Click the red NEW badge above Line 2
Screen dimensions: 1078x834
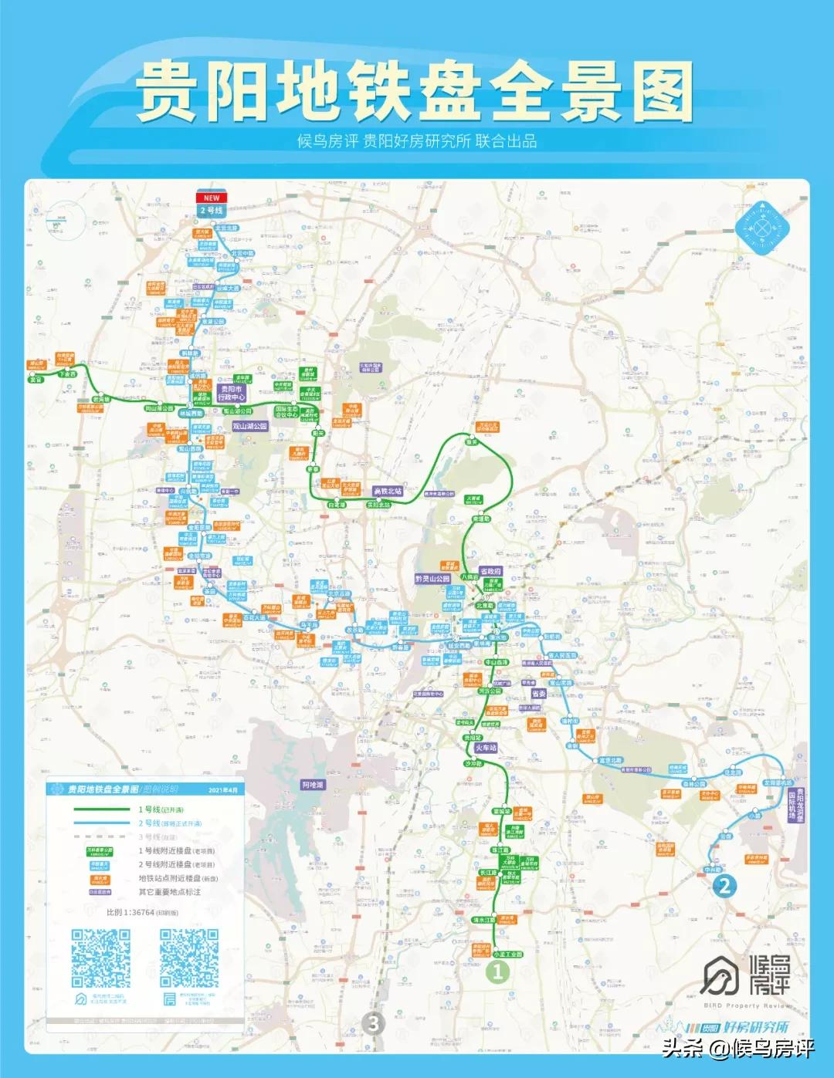(x=211, y=198)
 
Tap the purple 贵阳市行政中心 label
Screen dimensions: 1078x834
(x=232, y=394)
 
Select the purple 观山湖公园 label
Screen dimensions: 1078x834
(x=250, y=426)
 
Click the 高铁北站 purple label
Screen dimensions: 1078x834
(x=388, y=491)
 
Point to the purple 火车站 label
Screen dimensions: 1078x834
(x=486, y=748)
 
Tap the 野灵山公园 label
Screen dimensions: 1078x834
(x=432, y=579)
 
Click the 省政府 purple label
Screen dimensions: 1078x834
(x=491, y=572)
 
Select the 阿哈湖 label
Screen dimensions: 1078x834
(x=313, y=785)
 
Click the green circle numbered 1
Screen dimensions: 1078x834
(x=498, y=972)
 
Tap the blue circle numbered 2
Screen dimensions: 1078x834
(x=724, y=885)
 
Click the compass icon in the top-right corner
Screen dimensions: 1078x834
(x=763, y=226)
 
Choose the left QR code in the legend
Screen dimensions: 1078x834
(x=101, y=958)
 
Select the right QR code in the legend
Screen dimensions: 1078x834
(x=189, y=958)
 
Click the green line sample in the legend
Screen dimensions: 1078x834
(x=102, y=809)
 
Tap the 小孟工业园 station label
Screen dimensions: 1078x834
(x=507, y=955)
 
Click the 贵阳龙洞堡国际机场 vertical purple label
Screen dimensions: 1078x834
(x=796, y=804)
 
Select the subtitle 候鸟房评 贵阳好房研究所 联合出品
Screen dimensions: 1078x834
(x=417, y=141)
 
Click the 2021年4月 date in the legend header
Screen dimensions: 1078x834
(x=223, y=790)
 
